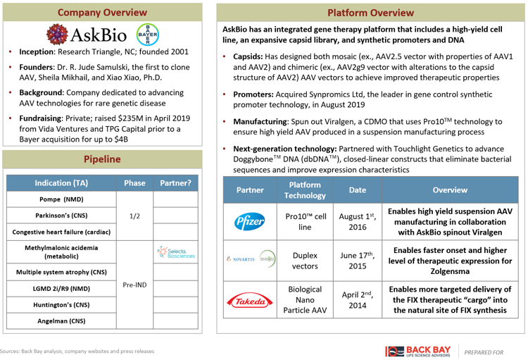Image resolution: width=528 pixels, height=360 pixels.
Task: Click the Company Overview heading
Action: coord(103,13)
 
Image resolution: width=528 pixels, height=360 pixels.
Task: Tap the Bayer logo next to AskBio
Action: coord(148,35)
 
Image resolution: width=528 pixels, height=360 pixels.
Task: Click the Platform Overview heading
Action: coord(371,13)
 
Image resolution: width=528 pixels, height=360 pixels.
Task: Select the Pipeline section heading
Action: coord(103,159)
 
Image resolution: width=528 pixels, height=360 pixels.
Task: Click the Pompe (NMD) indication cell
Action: coord(61,199)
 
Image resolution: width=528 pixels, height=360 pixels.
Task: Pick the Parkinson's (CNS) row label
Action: coord(61,216)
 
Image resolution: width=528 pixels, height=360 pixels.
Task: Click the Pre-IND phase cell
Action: coord(134,286)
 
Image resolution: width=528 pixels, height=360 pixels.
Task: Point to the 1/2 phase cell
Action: coord(134,216)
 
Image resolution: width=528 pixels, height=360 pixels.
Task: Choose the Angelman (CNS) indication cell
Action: coord(61,321)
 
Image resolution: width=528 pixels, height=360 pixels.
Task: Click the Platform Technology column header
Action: coord(305,190)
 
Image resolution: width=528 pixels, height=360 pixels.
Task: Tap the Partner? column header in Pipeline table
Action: coord(176,182)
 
